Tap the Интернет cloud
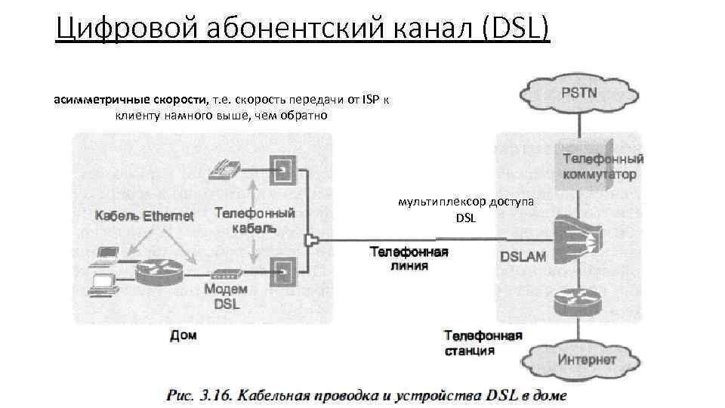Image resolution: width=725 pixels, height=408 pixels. (x=586, y=359)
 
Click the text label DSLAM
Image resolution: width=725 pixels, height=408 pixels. (x=523, y=257)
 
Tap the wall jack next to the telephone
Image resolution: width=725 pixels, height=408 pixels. (x=282, y=167)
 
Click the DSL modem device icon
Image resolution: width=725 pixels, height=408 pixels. (x=227, y=275)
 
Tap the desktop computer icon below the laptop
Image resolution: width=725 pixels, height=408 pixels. (x=103, y=283)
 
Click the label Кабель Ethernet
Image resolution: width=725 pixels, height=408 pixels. (x=144, y=216)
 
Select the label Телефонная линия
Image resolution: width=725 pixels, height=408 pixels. (x=409, y=258)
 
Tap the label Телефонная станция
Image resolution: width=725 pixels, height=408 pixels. (x=483, y=342)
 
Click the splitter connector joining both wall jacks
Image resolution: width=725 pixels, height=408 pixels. (x=310, y=241)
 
